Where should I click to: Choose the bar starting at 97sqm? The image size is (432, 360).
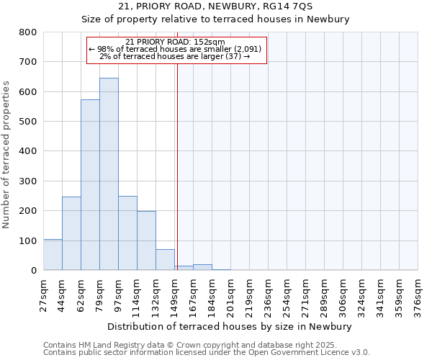click(127, 233)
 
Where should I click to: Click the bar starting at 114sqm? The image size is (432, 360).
click(146, 240)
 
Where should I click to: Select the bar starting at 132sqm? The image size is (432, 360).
click(165, 260)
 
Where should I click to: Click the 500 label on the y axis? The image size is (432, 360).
click(28, 122)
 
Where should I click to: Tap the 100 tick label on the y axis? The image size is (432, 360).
click(28, 240)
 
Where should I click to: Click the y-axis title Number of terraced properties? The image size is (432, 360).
click(6, 155)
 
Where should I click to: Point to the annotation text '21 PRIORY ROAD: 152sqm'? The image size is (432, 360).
click(175, 42)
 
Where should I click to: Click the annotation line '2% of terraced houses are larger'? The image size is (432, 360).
click(175, 56)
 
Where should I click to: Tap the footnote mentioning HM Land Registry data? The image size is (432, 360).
click(205, 345)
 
